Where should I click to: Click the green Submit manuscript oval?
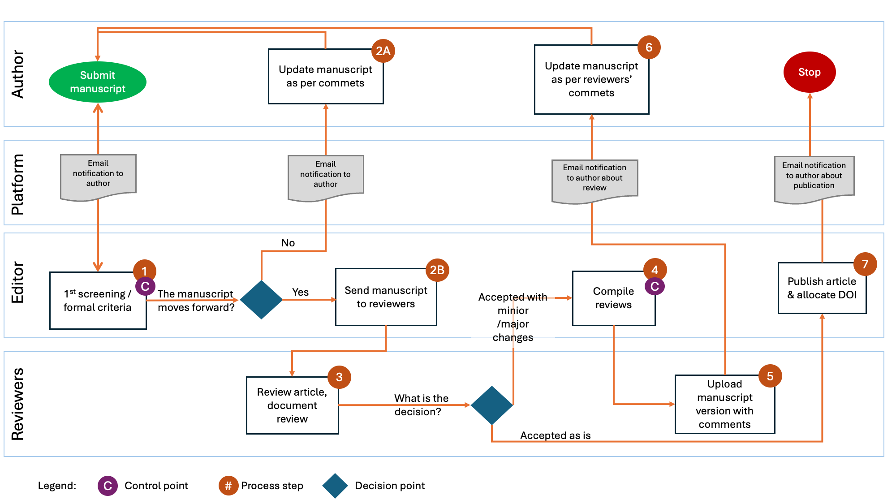98,82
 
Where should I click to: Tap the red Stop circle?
809,72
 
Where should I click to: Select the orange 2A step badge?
383,51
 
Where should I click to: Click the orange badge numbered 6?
649,47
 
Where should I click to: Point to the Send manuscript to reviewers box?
386,297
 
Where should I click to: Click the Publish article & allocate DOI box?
822,289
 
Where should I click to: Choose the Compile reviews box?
613,298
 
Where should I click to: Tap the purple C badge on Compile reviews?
655,286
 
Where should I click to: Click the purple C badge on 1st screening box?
145,286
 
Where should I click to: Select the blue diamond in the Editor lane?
261,299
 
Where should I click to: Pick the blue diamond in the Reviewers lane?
492,405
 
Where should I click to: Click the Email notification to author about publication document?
814,178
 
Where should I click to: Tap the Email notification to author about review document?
594,180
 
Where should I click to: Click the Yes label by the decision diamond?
300,292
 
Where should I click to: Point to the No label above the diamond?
288,243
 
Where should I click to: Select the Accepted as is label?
555,435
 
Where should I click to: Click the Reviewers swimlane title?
18,404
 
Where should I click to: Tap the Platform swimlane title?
18,184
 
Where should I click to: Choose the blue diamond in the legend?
335,486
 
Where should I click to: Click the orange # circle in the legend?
228,486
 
